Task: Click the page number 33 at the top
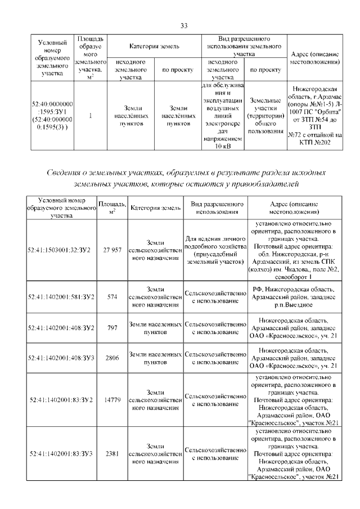click(183, 25)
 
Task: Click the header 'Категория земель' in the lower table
click(155, 208)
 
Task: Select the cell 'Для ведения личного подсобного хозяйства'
click(216, 249)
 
